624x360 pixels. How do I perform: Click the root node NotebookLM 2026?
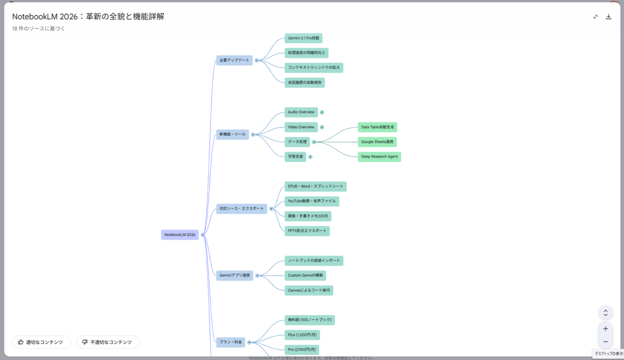click(180, 235)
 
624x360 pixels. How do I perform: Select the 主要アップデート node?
click(234, 60)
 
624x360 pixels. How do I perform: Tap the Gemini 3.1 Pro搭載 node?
click(303, 38)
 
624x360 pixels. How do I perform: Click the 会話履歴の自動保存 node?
click(305, 83)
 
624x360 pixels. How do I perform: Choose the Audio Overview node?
click(301, 113)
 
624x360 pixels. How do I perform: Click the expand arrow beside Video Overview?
click(322, 127)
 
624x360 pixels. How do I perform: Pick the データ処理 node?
click(297, 142)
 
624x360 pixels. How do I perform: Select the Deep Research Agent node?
click(379, 157)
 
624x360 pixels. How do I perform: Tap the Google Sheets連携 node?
click(377, 142)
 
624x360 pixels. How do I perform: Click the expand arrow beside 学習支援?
click(311, 157)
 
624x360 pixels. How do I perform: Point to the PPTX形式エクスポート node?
click(307, 231)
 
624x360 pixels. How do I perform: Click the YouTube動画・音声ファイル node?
click(312, 201)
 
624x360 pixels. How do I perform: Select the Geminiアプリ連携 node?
click(234, 276)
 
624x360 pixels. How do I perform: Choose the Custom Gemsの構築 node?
click(305, 276)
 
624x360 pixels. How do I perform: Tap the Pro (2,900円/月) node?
click(302, 350)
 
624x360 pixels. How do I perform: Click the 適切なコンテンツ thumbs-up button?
click(41, 342)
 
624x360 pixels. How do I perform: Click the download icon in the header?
click(608, 17)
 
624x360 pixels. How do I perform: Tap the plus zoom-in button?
click(605, 328)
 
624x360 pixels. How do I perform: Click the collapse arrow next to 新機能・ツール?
click(253, 134)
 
